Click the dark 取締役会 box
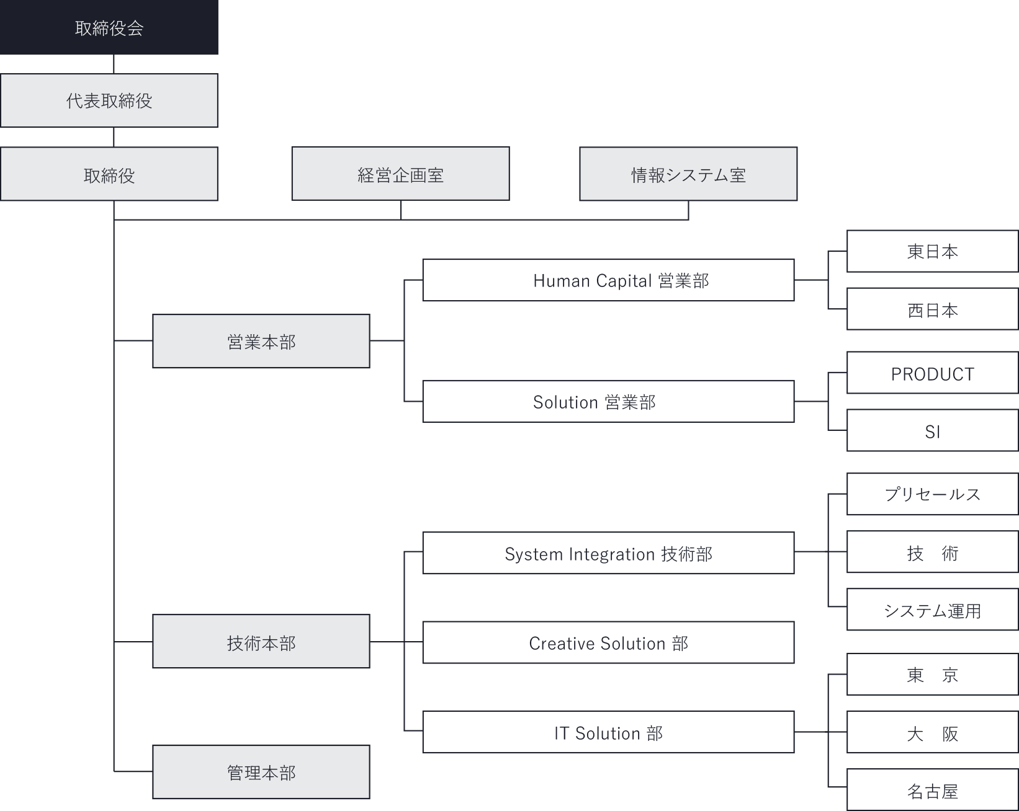point(109,28)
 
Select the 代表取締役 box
point(109,101)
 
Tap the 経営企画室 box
point(400,174)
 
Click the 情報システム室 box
point(688,174)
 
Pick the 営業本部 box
point(261,341)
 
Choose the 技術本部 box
point(261,642)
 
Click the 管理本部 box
point(261,772)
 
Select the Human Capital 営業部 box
point(608,280)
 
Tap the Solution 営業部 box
point(608,402)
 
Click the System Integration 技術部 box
point(608,553)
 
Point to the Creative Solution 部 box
point(608,643)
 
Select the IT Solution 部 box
point(608,732)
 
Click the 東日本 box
point(932,251)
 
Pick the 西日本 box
point(932,309)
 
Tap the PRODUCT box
point(932,373)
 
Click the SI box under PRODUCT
point(932,431)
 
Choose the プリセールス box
point(932,494)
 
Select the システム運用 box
point(932,610)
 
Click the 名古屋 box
point(932,790)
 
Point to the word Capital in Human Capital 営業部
point(624,281)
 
